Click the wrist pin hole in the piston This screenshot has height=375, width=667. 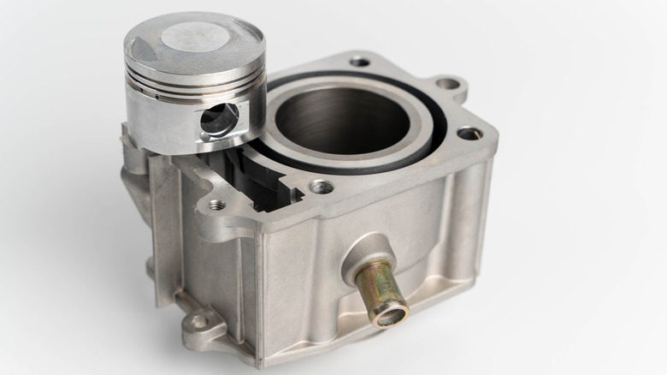pyautogui.click(x=218, y=120)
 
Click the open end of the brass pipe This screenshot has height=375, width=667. pyautogui.click(x=390, y=316)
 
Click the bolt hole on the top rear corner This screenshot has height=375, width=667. pyautogui.click(x=360, y=62)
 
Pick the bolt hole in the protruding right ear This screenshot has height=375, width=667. pyautogui.click(x=447, y=84)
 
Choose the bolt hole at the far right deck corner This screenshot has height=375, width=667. pyautogui.click(x=469, y=134)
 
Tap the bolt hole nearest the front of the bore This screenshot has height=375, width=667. pyautogui.click(x=322, y=187)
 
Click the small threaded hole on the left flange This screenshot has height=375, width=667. pyautogui.click(x=216, y=205)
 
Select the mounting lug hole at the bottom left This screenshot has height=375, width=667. pyautogui.click(x=198, y=322)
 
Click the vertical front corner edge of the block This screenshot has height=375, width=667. pyautogui.click(x=261, y=291)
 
